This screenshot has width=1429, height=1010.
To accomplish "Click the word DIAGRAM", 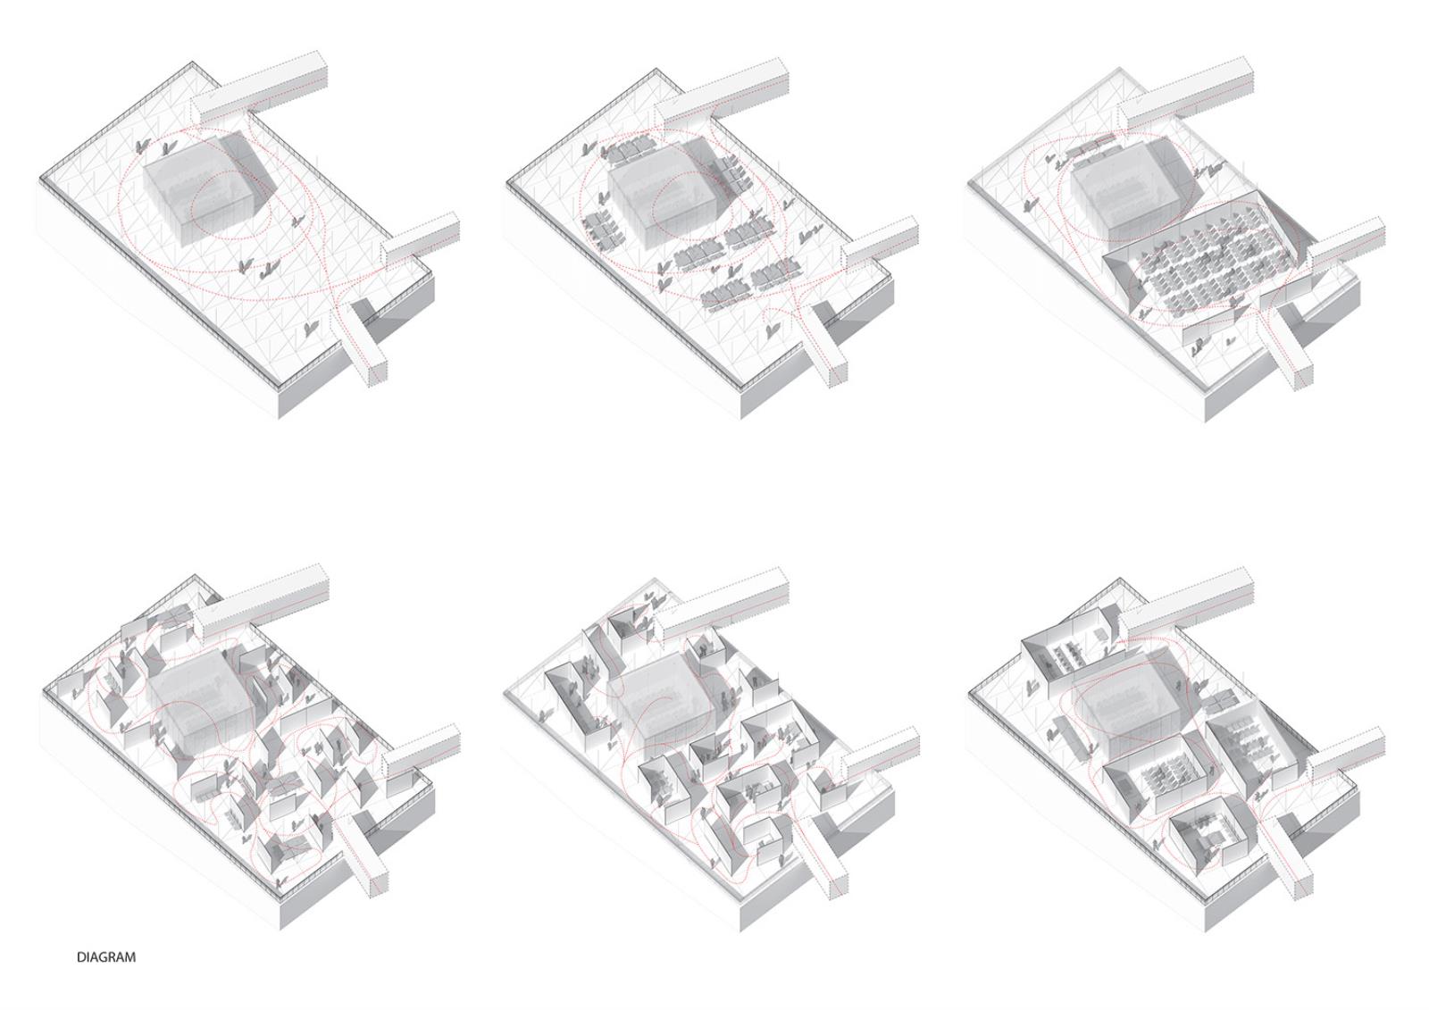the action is pos(106,975).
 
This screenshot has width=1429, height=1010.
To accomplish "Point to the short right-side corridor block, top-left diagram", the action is pos(421,240).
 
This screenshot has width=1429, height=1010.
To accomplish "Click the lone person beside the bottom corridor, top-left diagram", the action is pos(311,330).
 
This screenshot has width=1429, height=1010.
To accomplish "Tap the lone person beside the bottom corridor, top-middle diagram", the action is pos(773,330).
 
